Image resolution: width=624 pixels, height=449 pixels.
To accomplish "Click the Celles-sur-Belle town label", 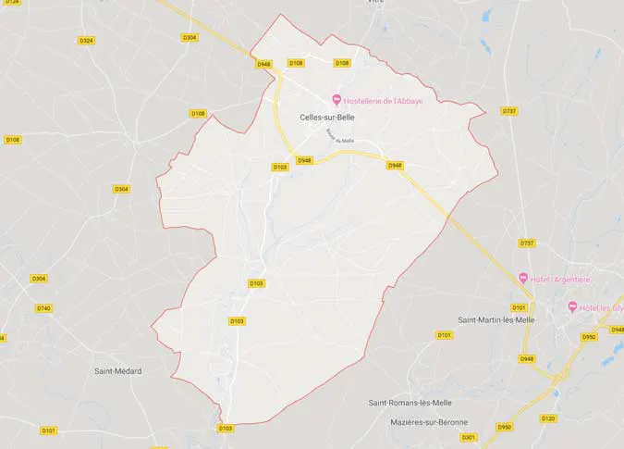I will [x=328, y=118].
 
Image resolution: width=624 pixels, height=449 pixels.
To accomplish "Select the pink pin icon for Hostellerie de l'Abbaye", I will [x=336, y=100].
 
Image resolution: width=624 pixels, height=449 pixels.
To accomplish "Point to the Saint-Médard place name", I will [x=118, y=371].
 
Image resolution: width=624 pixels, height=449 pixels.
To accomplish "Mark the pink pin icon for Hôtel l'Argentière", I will [x=523, y=279].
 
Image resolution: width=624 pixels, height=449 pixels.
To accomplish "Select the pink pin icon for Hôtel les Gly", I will [x=572, y=307].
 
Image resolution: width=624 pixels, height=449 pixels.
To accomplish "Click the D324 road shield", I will [x=87, y=41].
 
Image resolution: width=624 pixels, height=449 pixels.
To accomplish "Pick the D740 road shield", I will [x=43, y=308].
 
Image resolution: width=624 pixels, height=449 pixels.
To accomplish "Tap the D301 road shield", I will [x=469, y=437].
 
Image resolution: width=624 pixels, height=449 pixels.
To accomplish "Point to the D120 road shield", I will [x=548, y=418].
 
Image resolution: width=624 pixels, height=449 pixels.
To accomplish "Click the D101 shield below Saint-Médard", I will [x=49, y=430].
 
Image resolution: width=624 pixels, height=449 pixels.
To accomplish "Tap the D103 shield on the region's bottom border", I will [x=226, y=428].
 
